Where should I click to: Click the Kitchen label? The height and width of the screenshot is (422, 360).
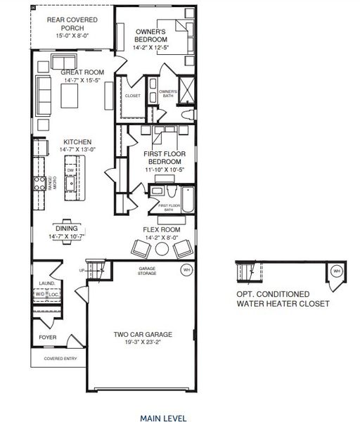(72, 141)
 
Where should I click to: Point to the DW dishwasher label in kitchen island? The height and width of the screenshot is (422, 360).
(70, 170)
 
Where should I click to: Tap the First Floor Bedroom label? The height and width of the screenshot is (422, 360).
(163, 158)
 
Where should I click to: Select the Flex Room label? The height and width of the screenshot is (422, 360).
(161, 230)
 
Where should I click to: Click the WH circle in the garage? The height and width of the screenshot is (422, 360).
(186, 269)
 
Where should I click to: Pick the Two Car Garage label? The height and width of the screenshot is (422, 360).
(143, 334)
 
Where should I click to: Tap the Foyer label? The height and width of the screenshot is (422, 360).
(47, 337)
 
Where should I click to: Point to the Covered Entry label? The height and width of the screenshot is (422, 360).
(59, 358)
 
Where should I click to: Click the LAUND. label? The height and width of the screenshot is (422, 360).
(46, 285)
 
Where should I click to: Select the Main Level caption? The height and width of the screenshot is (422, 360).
(163, 418)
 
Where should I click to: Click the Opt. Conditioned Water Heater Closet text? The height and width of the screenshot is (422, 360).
(282, 300)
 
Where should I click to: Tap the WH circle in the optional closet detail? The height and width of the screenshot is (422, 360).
(335, 271)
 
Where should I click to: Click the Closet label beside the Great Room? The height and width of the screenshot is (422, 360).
(133, 96)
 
